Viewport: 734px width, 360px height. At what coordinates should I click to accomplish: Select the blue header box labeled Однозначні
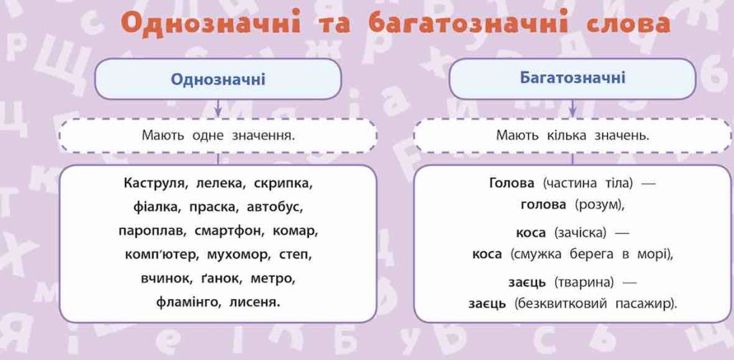(218, 79)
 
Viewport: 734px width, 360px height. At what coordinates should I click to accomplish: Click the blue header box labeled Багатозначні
(572, 78)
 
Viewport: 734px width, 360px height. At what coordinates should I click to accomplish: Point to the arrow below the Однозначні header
(218, 108)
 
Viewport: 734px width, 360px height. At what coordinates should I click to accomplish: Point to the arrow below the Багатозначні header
(572, 108)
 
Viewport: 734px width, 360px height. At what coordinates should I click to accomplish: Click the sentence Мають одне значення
(218, 136)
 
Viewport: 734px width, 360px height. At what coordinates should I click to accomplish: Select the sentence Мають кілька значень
(572, 136)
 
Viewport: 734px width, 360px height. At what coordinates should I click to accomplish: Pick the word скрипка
(283, 184)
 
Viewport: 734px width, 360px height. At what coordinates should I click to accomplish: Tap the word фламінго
(189, 303)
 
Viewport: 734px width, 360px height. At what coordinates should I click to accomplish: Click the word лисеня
(254, 303)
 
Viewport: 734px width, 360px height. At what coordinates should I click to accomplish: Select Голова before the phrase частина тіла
(511, 183)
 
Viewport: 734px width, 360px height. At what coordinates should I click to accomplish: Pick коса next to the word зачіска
(530, 232)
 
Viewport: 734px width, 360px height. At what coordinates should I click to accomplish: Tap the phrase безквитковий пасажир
(596, 304)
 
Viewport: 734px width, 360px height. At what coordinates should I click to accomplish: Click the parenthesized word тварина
(584, 283)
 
